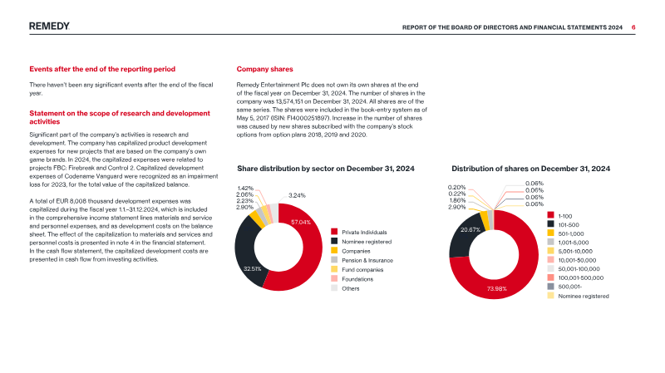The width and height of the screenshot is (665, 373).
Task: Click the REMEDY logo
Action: click(x=49, y=27)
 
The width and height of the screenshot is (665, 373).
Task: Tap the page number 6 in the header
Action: click(x=633, y=27)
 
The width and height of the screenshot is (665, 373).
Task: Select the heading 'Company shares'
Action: click(x=264, y=69)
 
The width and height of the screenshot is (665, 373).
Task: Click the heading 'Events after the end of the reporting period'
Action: click(x=102, y=69)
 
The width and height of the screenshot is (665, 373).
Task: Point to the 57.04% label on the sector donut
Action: click(x=301, y=222)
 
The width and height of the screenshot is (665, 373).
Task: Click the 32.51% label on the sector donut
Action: click(x=253, y=268)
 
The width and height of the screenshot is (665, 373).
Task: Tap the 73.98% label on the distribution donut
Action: click(x=496, y=288)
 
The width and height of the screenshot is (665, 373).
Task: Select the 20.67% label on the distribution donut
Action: click(x=470, y=230)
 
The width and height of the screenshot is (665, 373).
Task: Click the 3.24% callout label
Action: click(x=297, y=195)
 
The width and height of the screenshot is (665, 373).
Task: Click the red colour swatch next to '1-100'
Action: click(x=550, y=215)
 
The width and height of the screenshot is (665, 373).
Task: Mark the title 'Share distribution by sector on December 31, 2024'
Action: click(x=326, y=169)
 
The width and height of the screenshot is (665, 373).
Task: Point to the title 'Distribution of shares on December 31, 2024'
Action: click(x=530, y=169)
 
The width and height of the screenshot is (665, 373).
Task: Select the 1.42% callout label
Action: click(x=245, y=189)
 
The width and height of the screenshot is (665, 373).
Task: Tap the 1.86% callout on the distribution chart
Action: click(x=457, y=200)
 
